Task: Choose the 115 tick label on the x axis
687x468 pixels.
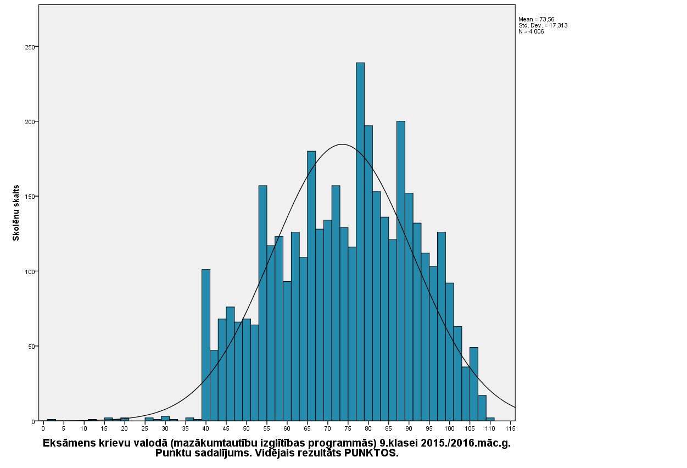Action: [x=511, y=428]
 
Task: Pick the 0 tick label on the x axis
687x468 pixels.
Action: [x=43, y=428]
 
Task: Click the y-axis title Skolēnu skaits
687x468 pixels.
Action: [x=16, y=213]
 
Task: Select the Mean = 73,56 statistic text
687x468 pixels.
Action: [x=537, y=19]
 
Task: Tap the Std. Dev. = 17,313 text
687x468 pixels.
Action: [x=543, y=25]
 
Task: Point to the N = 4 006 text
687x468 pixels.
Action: [x=531, y=31]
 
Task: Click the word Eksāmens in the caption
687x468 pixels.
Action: [x=69, y=443]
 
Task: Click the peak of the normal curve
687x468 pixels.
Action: [x=342, y=144]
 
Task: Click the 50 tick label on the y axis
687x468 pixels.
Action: [x=30, y=347]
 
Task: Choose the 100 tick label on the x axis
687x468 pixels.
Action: [x=450, y=428]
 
